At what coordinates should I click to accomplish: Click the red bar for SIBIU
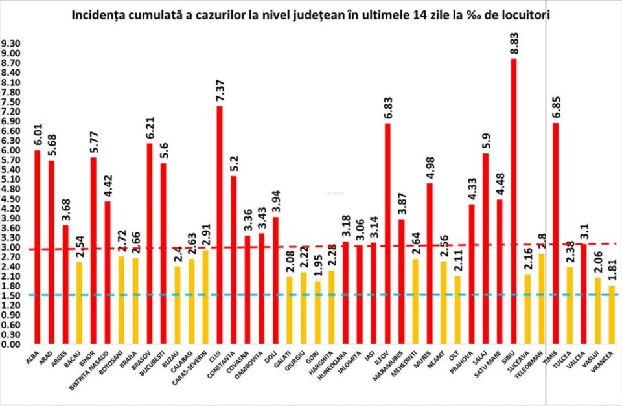pyautogui.click(x=514, y=201)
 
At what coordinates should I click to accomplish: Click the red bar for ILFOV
pyautogui.click(x=387, y=233)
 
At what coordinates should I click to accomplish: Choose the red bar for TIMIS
pyautogui.click(x=556, y=233)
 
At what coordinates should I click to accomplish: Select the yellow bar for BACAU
pyautogui.click(x=79, y=302)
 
